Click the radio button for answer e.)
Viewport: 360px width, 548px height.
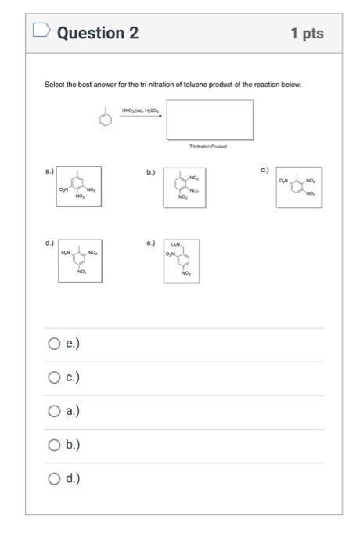54,343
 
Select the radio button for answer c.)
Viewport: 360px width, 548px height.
54,377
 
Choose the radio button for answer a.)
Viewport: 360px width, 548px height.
54,411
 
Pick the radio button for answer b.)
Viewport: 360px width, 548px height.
54,445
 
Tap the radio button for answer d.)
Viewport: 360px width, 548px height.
54,478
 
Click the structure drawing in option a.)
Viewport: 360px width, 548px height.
78,186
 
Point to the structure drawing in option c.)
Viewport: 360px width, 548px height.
299,187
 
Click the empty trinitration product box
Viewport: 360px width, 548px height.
209,119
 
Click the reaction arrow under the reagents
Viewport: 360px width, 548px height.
141,115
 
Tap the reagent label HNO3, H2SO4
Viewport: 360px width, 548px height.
140,109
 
